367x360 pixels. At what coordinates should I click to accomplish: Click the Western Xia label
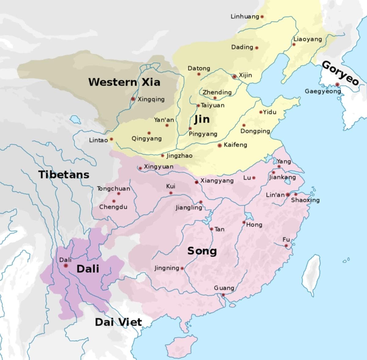(x=124, y=82)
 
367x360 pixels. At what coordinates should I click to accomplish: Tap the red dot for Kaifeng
(x=220, y=145)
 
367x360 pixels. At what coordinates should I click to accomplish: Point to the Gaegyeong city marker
(x=337, y=84)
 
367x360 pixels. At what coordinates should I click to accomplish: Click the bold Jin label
(x=202, y=119)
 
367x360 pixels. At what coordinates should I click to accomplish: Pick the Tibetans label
(x=64, y=175)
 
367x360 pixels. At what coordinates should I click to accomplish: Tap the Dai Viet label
(x=118, y=322)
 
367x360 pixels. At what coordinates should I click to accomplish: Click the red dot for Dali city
(x=65, y=265)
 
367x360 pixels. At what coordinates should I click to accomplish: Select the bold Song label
(x=202, y=251)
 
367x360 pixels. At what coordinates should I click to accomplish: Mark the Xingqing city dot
(x=133, y=99)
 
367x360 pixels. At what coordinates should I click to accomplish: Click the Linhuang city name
(x=245, y=17)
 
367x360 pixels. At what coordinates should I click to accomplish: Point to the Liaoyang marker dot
(x=294, y=44)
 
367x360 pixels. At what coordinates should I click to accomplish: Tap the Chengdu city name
(x=113, y=207)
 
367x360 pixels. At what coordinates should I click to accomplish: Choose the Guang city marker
(x=223, y=295)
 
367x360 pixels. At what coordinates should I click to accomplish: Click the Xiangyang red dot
(x=196, y=182)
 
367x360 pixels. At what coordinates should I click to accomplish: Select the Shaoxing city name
(x=305, y=200)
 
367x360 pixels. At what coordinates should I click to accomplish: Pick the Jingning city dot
(x=182, y=268)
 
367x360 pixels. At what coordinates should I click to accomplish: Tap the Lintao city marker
(x=111, y=139)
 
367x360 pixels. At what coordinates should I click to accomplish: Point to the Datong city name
(x=199, y=68)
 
